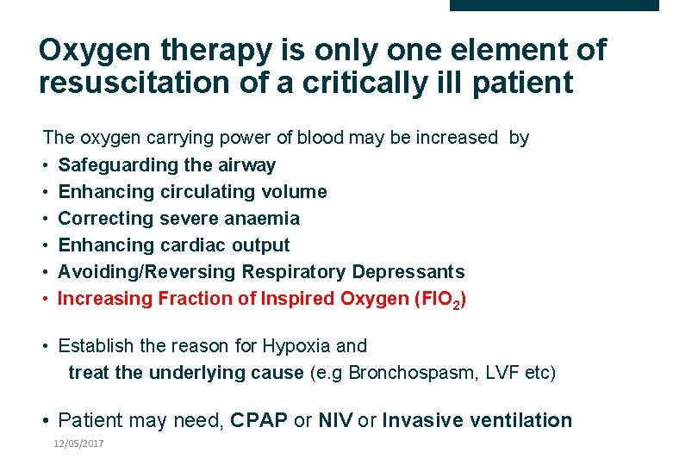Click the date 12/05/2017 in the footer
(78, 443)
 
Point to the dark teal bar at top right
(554, 5)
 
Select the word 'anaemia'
(262, 218)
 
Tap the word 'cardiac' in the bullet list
(193, 245)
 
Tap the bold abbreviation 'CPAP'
(259, 421)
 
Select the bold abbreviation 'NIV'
(335, 421)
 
